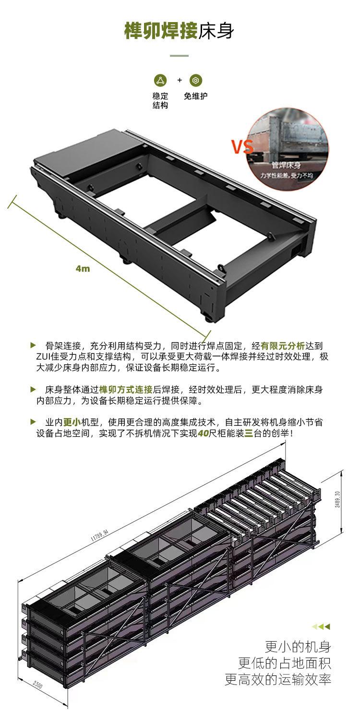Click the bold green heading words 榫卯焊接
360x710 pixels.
161,30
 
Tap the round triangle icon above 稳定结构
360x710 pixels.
160,80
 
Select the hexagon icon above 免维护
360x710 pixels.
196,80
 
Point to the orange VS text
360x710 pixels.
243,147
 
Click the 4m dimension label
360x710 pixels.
83,268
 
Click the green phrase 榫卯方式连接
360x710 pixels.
125,389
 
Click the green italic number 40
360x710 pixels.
204,433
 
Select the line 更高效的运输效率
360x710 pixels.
278,679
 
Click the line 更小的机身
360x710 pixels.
298,646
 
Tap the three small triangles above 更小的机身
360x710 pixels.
321,626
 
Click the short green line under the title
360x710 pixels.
180,56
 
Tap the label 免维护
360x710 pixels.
196,96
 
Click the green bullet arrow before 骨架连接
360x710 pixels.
33,345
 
